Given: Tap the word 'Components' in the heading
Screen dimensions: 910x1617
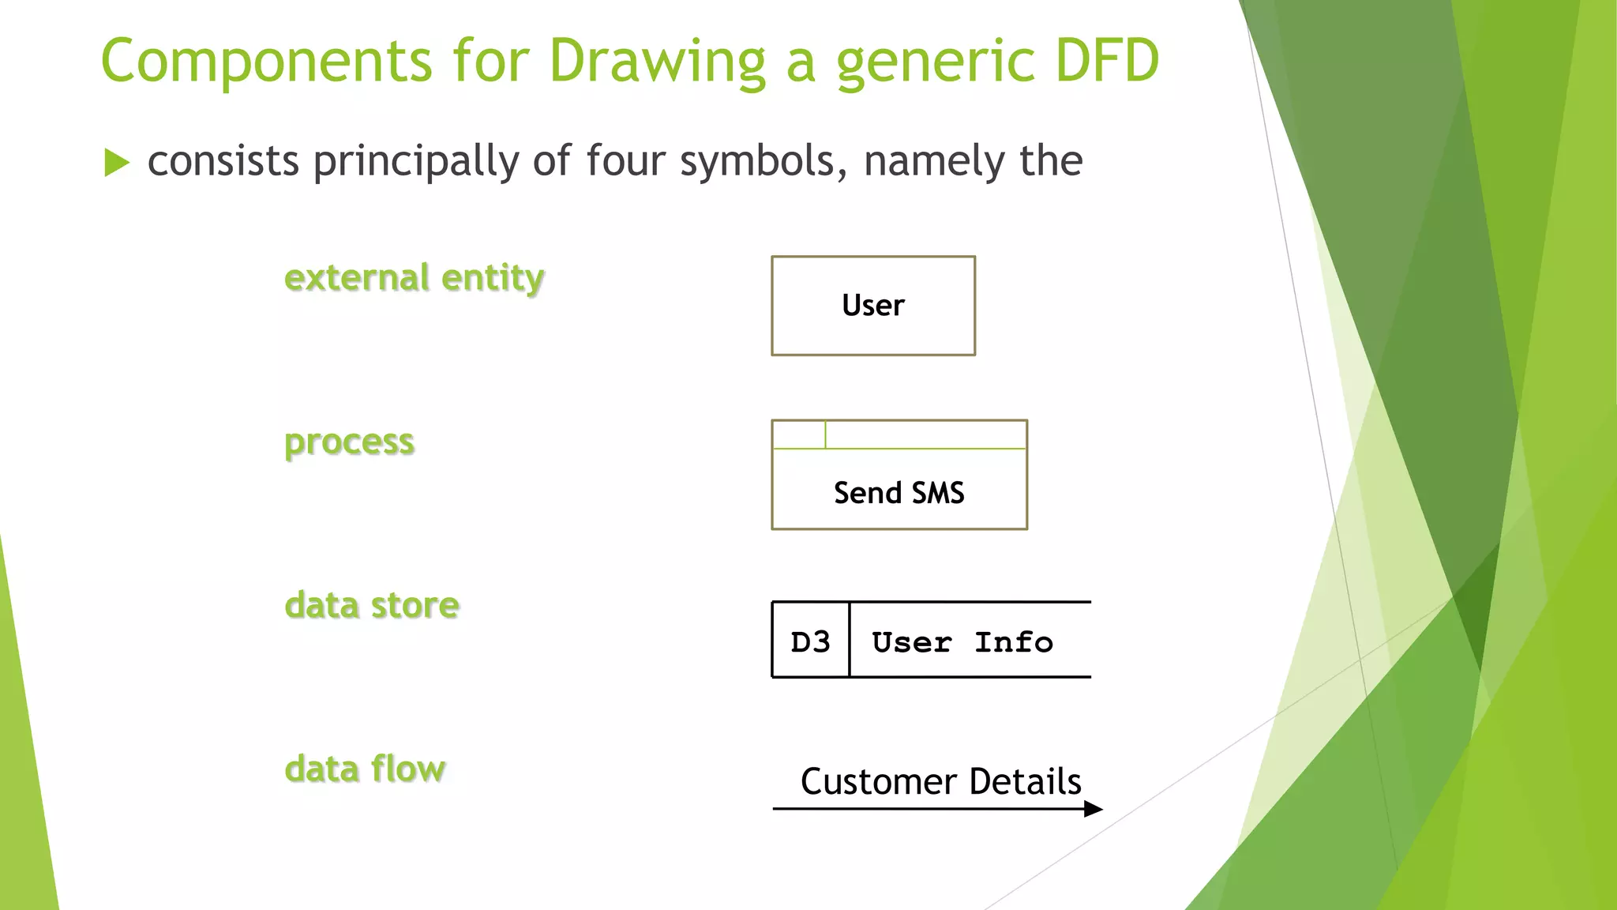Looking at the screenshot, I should coord(267,62).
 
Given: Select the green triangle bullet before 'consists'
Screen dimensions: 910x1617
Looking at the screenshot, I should coord(116,163).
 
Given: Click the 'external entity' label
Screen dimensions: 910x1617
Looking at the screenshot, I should coord(414,278).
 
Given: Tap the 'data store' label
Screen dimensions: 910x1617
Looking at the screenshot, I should coord(372,606).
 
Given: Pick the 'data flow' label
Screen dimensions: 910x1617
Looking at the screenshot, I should coord(365,769).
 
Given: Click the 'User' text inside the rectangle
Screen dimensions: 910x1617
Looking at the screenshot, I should coord(872,306).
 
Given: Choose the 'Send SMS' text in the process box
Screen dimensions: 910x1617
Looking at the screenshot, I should coord(899,493).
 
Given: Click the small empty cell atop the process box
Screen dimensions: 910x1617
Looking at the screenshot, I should coord(799,434).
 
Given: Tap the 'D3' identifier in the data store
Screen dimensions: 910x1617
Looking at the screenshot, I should coord(810,642).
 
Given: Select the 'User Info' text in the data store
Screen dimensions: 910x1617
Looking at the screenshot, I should coord(962,642).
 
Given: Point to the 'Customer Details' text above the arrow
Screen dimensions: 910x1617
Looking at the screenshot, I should coord(940,782).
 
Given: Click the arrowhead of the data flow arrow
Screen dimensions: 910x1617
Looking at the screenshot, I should coord(1094,809).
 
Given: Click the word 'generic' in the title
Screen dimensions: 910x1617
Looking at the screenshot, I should coord(935,62).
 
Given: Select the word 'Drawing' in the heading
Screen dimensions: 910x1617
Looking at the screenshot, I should coord(658,62).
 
